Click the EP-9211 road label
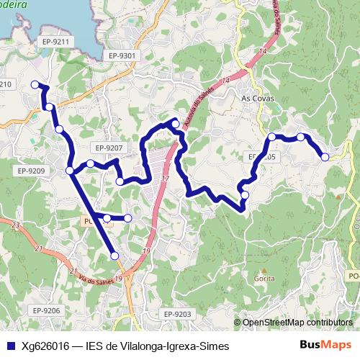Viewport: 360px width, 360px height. point(55,42)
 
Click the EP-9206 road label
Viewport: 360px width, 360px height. point(45,310)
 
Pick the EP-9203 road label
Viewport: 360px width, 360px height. point(177,314)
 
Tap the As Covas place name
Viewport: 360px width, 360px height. point(255,99)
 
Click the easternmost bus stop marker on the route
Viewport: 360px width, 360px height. point(325,156)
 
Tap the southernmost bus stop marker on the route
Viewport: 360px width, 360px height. point(114,256)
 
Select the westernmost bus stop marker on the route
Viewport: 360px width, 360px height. point(35,85)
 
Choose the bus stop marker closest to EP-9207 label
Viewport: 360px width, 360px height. point(90,163)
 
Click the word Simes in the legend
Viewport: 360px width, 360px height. point(215,346)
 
